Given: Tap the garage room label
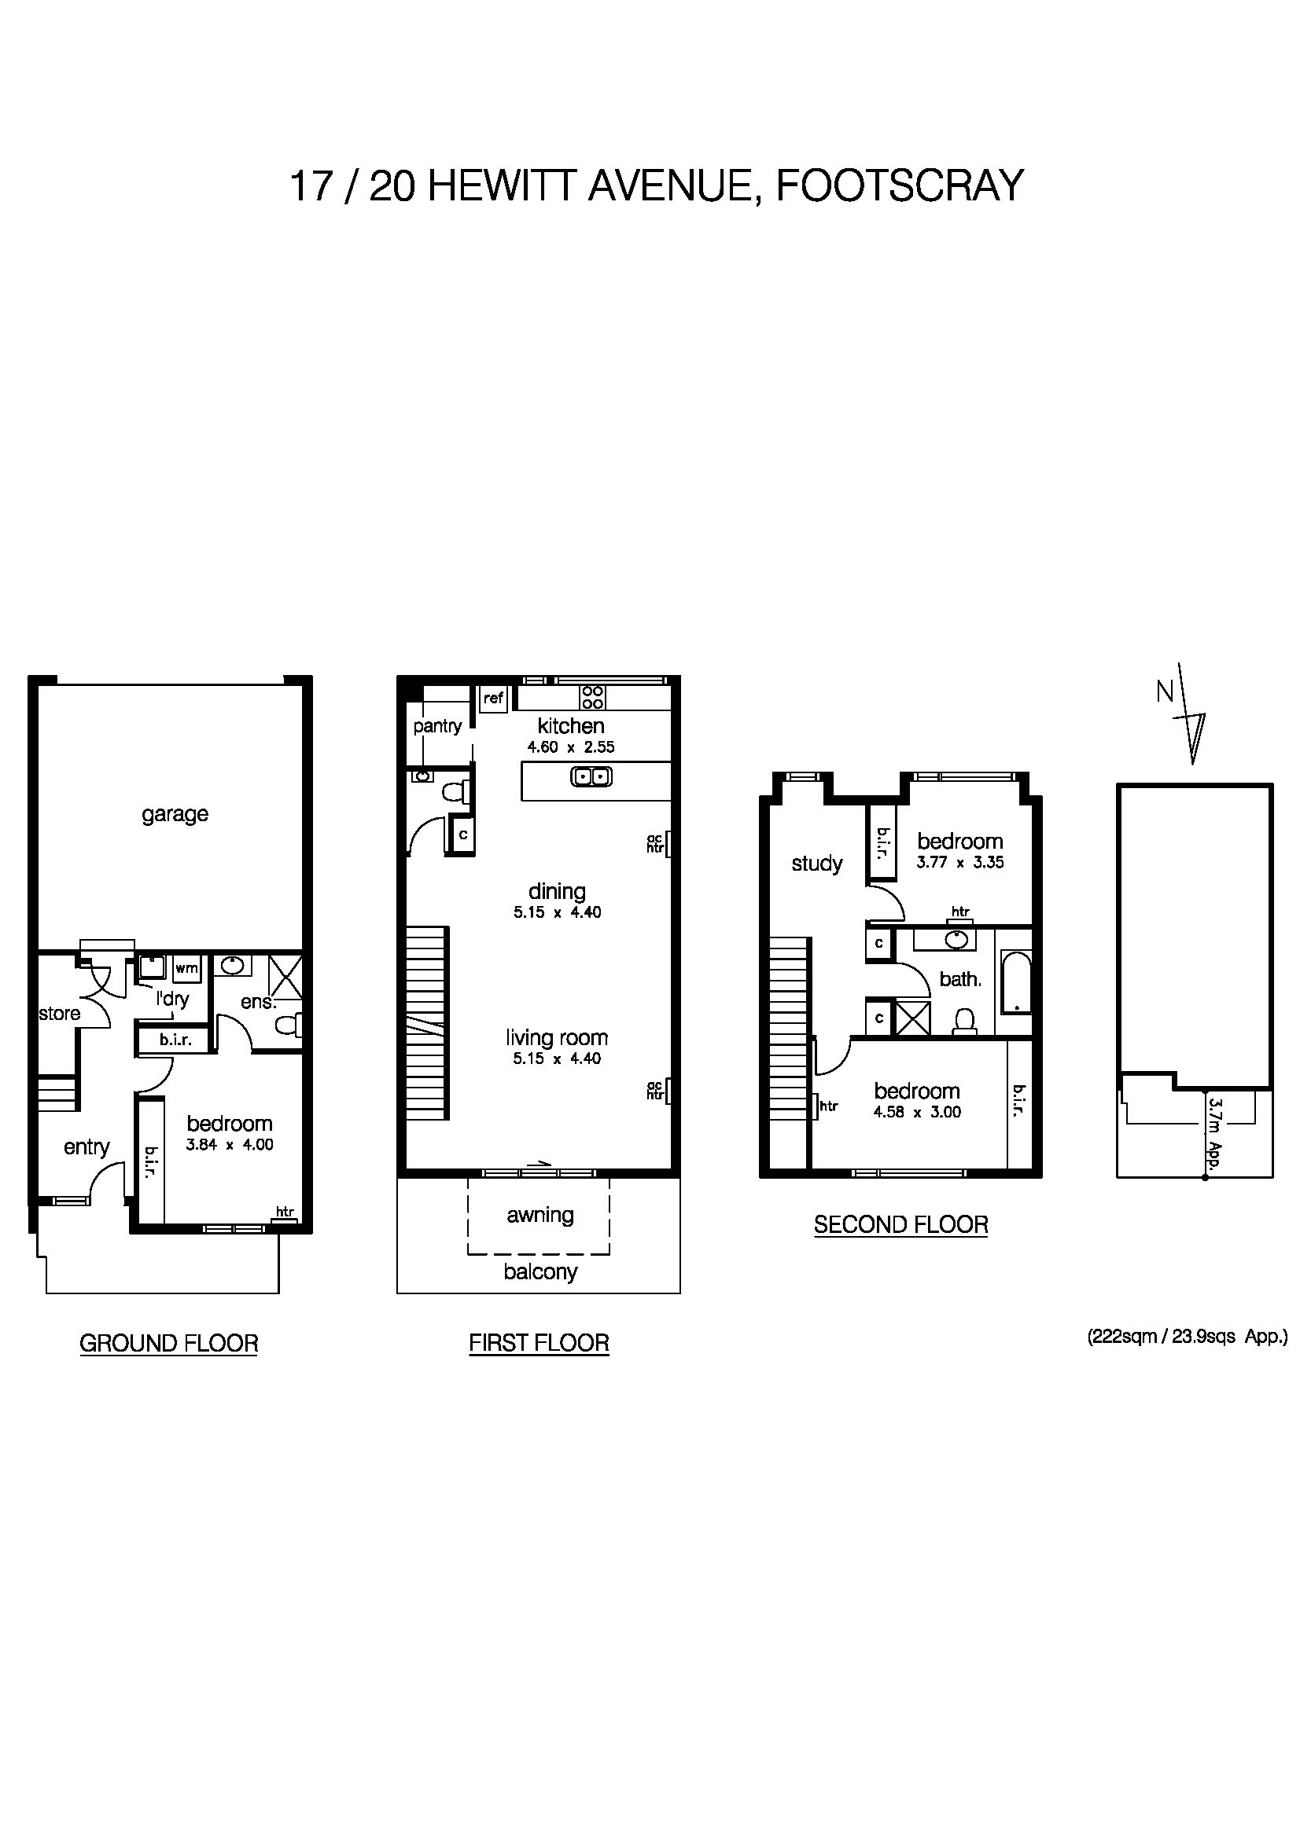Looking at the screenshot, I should coord(175,814).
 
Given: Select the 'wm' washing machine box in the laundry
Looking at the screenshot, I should coord(186,968).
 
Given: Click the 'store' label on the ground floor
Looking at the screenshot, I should coord(59,1014).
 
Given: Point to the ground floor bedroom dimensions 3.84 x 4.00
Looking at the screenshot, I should coord(230,1145).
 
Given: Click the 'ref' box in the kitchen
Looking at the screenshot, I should coord(493,698).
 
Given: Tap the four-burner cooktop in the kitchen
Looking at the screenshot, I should coord(593,697).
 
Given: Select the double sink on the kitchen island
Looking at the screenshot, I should coord(592,776).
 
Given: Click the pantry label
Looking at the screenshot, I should coord(437,726).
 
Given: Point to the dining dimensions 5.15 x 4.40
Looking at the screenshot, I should coord(558,912).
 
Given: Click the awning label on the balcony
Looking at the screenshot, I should coord(540,1215).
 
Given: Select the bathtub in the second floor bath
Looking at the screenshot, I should coord(1015,982).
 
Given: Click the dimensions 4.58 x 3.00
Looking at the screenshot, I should coord(917,1112).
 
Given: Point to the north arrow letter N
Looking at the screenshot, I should coord(1165,692).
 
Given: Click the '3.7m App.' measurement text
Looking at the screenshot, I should coord(1214,1135).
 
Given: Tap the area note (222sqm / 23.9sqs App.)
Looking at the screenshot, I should coord(1186,1336).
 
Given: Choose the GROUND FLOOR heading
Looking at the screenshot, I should coord(169,1343).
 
